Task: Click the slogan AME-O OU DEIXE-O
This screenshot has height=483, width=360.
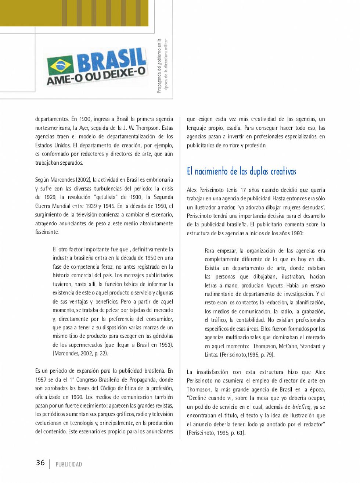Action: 96,76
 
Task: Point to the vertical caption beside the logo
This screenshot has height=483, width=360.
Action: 162,65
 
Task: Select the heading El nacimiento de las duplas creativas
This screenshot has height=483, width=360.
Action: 241,171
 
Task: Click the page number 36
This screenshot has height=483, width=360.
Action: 40,462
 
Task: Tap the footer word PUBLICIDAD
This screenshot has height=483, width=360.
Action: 69,464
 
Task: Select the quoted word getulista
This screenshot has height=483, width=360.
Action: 106,197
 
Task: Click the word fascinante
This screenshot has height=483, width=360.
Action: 47,232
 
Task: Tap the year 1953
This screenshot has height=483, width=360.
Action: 166,345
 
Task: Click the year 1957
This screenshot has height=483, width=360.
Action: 41,379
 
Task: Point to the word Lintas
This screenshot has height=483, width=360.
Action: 211,355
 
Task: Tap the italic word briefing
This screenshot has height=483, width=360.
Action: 302,407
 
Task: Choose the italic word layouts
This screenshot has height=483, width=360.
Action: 274,285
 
